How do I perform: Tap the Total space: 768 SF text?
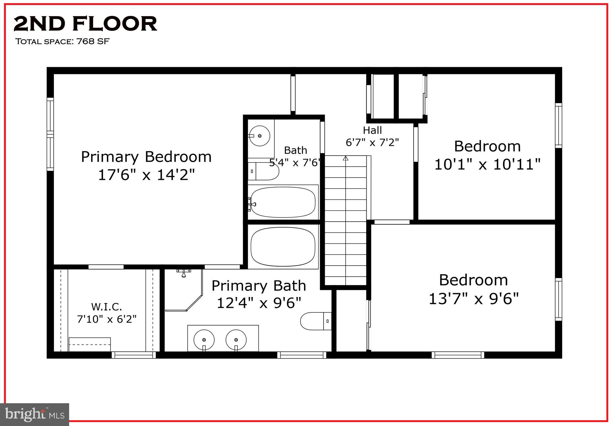pos(62,41)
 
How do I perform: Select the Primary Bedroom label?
pos(146,157)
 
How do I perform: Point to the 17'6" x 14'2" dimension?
pos(146,174)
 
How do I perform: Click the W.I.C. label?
pos(107,307)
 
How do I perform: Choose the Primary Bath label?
pos(259,286)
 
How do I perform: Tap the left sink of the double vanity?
pos(204,340)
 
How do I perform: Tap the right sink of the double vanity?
pos(236,340)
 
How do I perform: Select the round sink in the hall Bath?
pos(259,136)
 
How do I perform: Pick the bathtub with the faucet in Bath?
pos(283,202)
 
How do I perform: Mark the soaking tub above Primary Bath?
pos(283,247)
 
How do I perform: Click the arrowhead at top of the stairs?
pos(346,158)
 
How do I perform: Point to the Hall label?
pos(372,130)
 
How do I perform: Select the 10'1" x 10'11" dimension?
pos(487,164)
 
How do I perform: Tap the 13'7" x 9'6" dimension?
pos(474,299)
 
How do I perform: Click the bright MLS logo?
pos(35,414)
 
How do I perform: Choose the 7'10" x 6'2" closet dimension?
pos(107,319)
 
